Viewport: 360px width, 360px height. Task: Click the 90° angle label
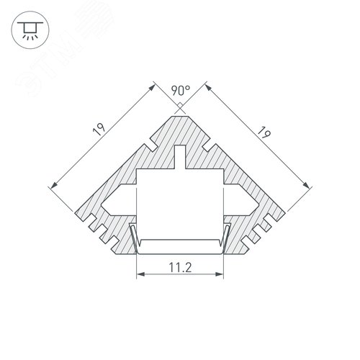(181, 91)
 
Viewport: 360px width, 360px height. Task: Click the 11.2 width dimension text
(181, 267)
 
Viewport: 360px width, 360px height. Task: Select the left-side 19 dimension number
(99, 130)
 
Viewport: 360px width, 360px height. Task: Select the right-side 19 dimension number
(264, 132)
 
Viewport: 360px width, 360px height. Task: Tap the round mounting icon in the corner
(30, 30)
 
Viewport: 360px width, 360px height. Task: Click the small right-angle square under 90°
(180, 105)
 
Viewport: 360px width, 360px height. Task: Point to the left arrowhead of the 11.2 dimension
(141, 274)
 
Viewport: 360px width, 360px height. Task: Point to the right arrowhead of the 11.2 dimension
(220, 274)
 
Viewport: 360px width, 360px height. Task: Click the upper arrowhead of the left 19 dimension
(151, 88)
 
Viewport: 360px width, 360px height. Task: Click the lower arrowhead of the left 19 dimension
(54, 185)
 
